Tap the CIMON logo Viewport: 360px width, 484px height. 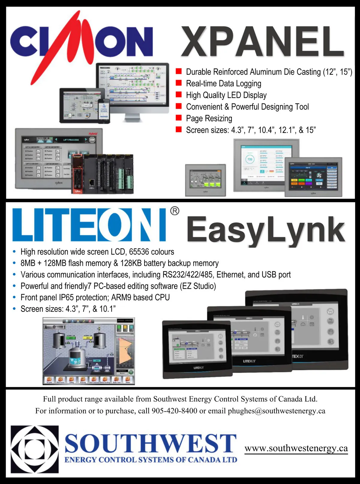[x=81, y=42]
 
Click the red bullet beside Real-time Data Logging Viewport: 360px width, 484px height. [x=179, y=83]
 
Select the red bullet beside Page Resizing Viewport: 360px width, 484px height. [x=179, y=118]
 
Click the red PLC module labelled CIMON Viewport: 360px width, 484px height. [x=77, y=174]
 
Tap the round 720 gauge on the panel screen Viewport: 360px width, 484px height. [x=250, y=159]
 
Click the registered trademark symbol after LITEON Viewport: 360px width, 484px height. [x=175, y=211]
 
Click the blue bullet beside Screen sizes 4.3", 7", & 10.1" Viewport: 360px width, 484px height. [x=14, y=309]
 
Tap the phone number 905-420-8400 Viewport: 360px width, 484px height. [x=174, y=411]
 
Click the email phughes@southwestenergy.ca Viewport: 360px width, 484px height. [x=276, y=411]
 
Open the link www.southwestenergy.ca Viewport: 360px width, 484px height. [x=296, y=448]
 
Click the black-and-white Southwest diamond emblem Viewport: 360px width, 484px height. [x=35, y=449]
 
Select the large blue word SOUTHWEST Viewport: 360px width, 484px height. [x=151, y=443]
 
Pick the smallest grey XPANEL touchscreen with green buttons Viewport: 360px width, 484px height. [x=205, y=180]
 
